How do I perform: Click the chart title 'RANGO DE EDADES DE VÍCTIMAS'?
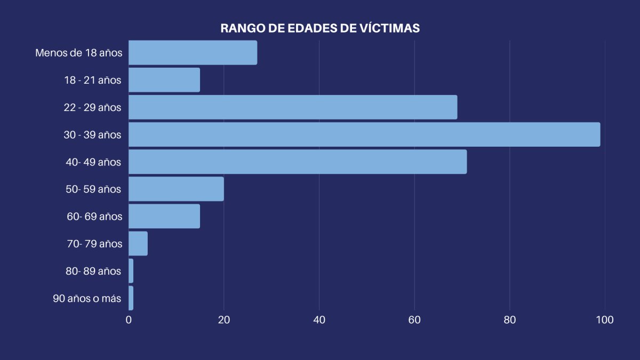coord(320,28)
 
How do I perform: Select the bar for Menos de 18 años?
coord(193,53)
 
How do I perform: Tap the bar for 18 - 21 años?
coord(164,80)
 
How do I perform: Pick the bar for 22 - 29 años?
coord(293,107)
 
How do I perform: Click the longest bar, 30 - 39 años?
coord(364,134)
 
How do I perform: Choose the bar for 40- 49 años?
coord(298,162)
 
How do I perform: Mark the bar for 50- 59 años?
coord(176,189)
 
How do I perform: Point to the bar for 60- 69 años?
coord(164,216)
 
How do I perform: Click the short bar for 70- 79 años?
coord(138,244)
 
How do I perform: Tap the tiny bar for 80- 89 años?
coord(131,271)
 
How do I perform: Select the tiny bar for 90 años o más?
coord(131,298)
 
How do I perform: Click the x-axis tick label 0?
coord(129,320)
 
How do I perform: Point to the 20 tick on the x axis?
coord(224,320)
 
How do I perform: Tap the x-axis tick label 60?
coord(414,320)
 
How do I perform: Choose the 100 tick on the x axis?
coord(605,320)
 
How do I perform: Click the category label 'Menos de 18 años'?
coord(79,53)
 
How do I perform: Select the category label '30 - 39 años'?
coord(92,135)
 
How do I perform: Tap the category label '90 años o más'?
coord(87,299)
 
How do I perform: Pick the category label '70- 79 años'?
coord(94,244)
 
